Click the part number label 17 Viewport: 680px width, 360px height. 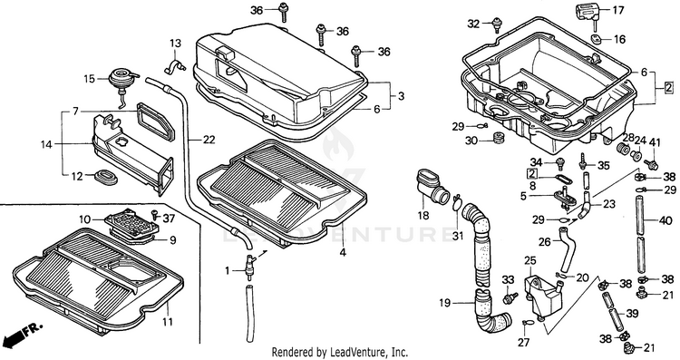pos(617,10)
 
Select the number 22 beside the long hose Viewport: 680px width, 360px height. pos(209,140)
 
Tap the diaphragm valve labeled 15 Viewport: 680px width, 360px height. pos(121,81)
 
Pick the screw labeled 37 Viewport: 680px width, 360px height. pos(154,213)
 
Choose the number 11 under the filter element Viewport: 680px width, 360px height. pos(168,322)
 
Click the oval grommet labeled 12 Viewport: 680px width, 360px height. pos(106,178)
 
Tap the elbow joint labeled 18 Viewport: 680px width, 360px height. pos(432,188)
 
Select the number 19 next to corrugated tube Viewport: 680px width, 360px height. pos(445,303)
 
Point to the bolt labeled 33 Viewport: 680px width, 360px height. pos(510,298)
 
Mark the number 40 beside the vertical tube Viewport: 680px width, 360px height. pos(665,220)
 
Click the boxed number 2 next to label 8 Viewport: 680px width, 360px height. pos(531,174)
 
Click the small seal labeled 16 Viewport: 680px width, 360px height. pos(597,39)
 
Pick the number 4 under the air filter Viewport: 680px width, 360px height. pos(343,251)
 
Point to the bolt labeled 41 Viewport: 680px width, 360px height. pos(650,164)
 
